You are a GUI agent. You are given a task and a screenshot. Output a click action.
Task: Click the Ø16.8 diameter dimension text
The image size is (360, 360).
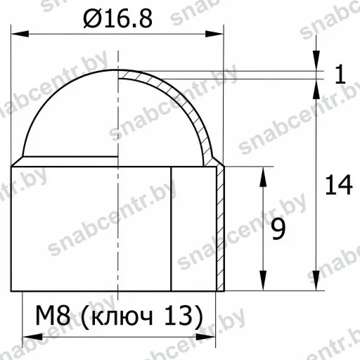coord(118,19)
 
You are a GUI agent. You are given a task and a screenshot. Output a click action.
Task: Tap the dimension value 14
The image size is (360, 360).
coord(339,185)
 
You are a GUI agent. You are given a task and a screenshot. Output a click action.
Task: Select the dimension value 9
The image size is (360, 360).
coord(278,230)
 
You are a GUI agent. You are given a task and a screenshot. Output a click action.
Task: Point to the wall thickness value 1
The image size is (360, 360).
coord(340,75)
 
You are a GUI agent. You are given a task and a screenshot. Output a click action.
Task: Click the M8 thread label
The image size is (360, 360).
coord(53,315)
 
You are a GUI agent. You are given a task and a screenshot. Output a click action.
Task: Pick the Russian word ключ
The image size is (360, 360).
coord(122,318)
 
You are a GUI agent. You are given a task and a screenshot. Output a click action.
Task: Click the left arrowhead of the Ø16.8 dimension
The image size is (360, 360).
coord(20,34)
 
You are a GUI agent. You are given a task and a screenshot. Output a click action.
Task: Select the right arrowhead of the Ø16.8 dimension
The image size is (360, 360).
coord(214,34)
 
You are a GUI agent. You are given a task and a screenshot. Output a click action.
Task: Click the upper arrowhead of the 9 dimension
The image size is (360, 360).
coord(263,176)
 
